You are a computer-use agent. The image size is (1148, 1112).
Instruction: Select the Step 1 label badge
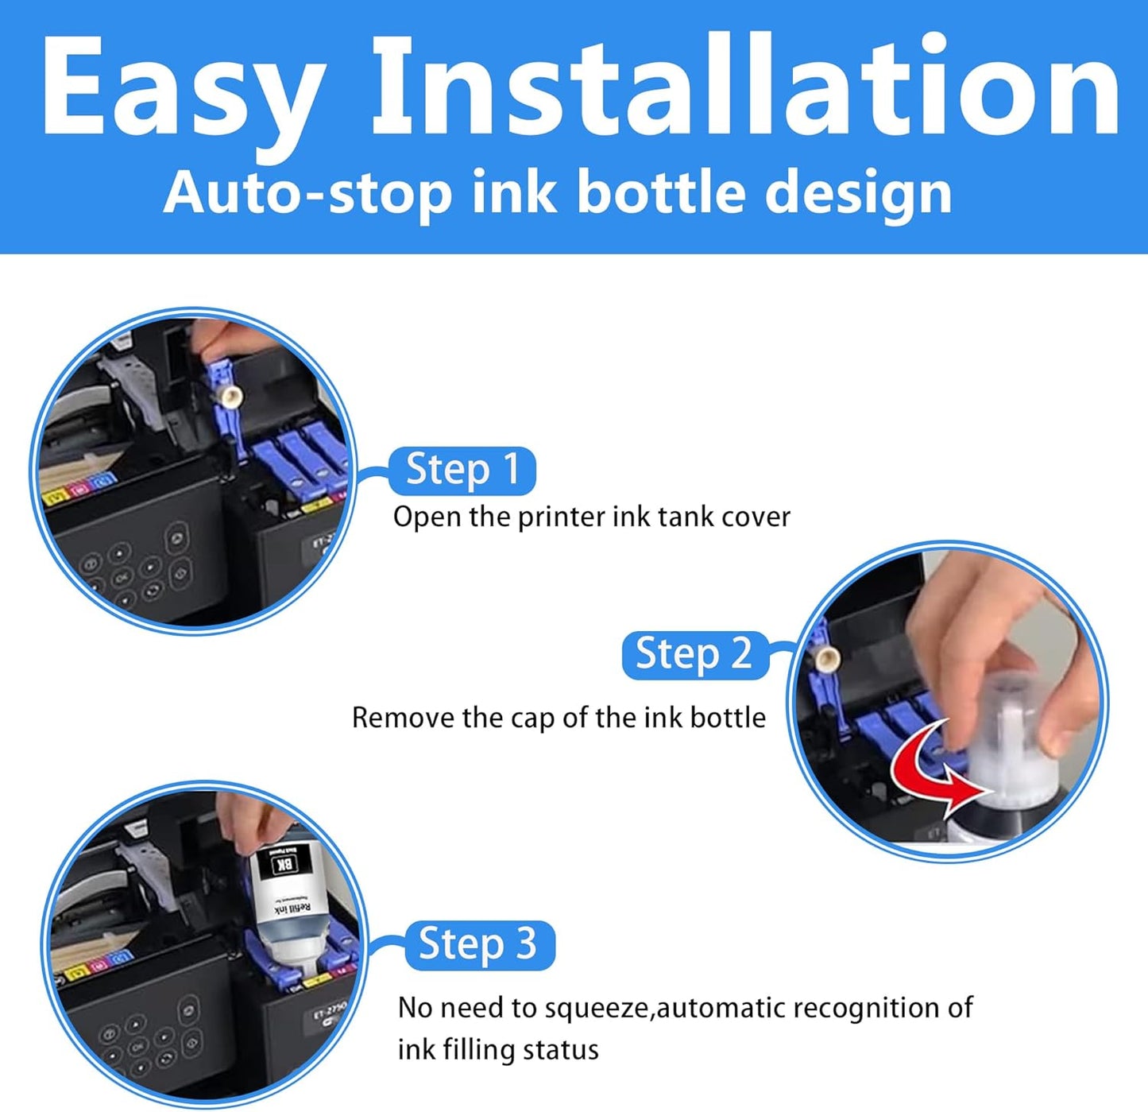[x=462, y=470]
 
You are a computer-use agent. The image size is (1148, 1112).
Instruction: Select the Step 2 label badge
[x=694, y=655]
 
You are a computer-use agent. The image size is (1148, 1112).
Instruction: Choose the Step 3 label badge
[x=478, y=945]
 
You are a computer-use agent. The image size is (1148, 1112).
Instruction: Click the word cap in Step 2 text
[x=532, y=719]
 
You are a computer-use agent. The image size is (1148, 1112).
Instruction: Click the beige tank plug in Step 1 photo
[x=231, y=396]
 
